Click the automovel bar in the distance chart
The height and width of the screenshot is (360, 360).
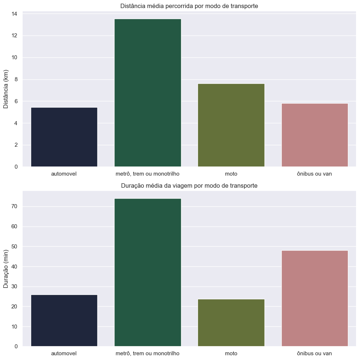click(x=64, y=137)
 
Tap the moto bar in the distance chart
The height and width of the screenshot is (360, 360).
click(x=231, y=125)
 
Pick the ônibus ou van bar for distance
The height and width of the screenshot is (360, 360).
click(x=314, y=135)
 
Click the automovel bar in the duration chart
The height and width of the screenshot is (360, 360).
click(x=64, y=320)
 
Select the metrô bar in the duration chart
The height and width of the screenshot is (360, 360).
click(x=147, y=272)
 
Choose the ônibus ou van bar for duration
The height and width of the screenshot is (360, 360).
click(x=314, y=298)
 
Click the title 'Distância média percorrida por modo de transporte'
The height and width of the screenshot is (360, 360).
click(x=189, y=6)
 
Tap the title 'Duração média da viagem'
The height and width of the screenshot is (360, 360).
click(x=189, y=185)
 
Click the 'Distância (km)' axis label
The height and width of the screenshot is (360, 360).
click(x=6, y=89)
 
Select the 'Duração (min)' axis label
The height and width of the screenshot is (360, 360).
click(x=6, y=269)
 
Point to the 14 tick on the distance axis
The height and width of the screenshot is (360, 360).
click(x=15, y=14)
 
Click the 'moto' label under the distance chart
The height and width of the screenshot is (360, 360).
click(x=231, y=174)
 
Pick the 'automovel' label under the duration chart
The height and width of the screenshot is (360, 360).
click(x=64, y=353)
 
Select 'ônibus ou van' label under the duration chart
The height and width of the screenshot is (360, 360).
click(x=314, y=353)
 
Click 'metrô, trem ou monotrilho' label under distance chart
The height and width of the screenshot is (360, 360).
click(x=147, y=174)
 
